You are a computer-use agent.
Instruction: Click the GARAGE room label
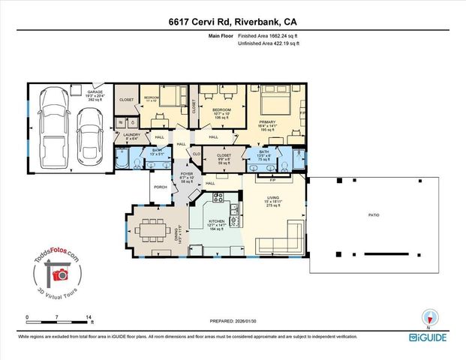pos(95,92)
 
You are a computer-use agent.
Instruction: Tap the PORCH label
pos(160,187)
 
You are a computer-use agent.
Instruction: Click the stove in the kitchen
pos(218,199)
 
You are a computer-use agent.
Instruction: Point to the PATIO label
pos(373,215)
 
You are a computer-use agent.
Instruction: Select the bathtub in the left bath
pos(120,159)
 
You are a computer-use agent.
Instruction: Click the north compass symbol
pos(429,317)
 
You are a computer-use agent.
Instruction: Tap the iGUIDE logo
pos(428,338)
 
